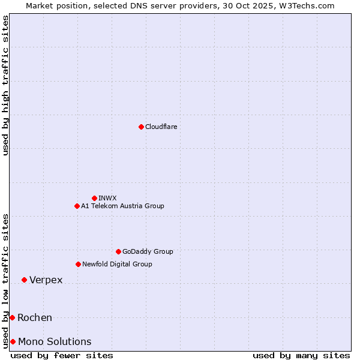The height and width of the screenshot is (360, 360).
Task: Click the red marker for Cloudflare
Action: pyautogui.click(x=141, y=127)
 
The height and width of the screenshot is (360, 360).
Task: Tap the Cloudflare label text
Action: pyautogui.click(x=161, y=127)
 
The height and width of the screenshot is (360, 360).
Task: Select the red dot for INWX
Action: pyautogui.click(x=94, y=198)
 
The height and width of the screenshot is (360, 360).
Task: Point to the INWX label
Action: pyautogui.click(x=107, y=198)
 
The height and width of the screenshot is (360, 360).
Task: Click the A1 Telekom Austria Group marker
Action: pyautogui.click(x=77, y=206)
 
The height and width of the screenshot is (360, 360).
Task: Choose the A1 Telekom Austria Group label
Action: pyautogui.click(x=122, y=206)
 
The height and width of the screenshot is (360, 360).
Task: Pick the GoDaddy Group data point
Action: pyautogui.click(x=118, y=251)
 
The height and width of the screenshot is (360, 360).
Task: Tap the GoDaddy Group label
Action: pyautogui.click(x=148, y=251)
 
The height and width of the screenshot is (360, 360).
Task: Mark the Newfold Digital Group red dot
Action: pyautogui.click(x=78, y=264)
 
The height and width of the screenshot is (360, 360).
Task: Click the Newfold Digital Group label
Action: pyautogui.click(x=117, y=264)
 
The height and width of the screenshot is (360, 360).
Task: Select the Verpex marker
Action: pyautogui.click(x=24, y=280)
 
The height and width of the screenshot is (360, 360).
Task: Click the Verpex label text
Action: pyautogui.click(x=46, y=280)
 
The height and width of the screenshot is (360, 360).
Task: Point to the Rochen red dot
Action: pyautogui.click(x=12, y=317)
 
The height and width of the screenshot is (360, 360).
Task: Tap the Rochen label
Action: pyautogui.click(x=35, y=317)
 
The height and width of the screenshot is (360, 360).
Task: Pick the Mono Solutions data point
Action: pyautogui.click(x=13, y=341)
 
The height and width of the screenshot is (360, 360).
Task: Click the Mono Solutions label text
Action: pyautogui.click(x=55, y=341)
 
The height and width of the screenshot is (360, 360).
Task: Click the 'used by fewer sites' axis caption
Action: pyautogui.click(x=62, y=355)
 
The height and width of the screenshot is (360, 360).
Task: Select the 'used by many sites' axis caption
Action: pyautogui.click(x=301, y=355)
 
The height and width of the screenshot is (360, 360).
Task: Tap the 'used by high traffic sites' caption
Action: pyautogui.click(x=5, y=85)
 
